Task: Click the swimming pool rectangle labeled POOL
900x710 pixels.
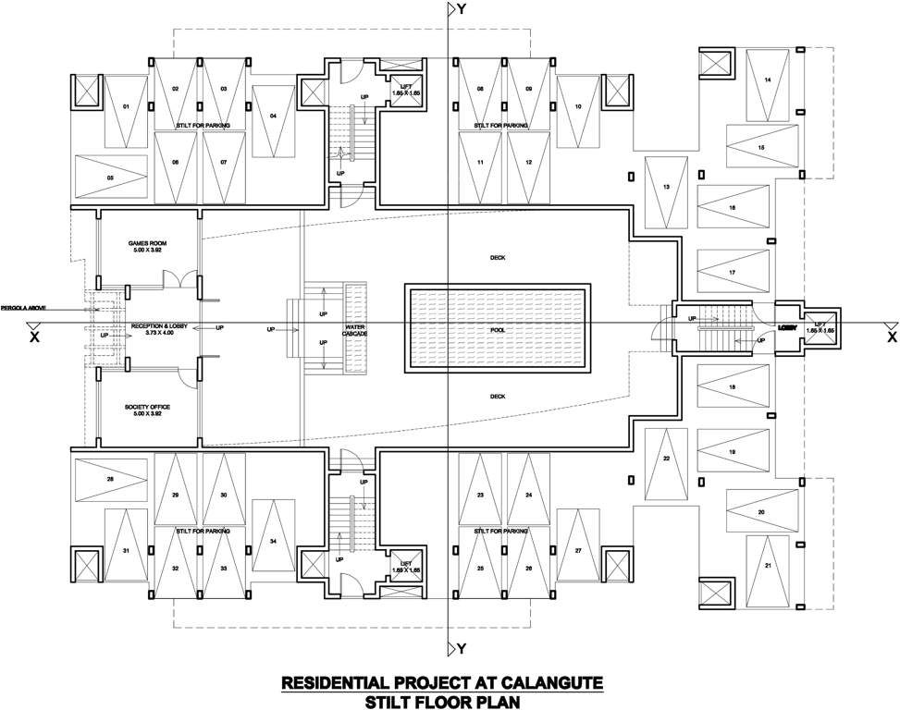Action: (x=495, y=329)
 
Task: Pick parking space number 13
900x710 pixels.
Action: (x=666, y=188)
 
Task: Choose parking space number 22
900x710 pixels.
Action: (x=666, y=459)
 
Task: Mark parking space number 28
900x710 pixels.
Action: (x=110, y=479)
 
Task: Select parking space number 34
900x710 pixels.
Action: (x=273, y=540)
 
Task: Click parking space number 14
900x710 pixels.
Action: (x=768, y=80)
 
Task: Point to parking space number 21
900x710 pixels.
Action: (x=768, y=565)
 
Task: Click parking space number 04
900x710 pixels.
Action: (x=273, y=116)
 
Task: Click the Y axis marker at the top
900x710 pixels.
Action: (x=455, y=10)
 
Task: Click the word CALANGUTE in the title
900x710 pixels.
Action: (x=551, y=683)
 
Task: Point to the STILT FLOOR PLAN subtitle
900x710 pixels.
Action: (x=442, y=702)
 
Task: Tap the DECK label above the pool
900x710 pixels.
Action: (x=499, y=258)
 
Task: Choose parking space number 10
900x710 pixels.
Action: (x=577, y=107)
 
